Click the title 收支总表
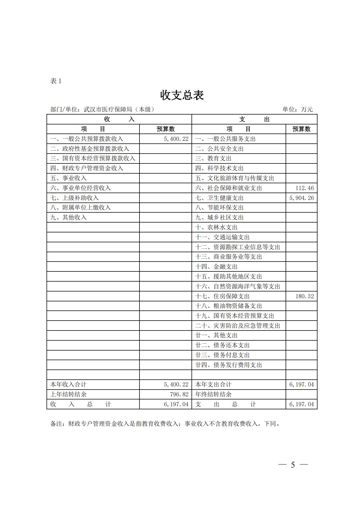(182, 95)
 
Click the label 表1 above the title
(56, 81)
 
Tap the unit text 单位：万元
(297, 109)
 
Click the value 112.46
(305, 188)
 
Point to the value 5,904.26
(302, 198)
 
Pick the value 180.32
(305, 296)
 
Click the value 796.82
(179, 394)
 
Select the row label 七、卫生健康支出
(219, 198)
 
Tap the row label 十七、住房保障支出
(222, 296)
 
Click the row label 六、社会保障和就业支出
(228, 188)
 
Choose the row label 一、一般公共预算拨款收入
(87, 139)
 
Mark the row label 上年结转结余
(68, 394)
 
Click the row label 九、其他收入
(68, 218)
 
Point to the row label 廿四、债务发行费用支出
(228, 365)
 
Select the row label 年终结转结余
(213, 394)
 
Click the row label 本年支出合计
(213, 385)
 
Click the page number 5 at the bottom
(293, 465)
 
